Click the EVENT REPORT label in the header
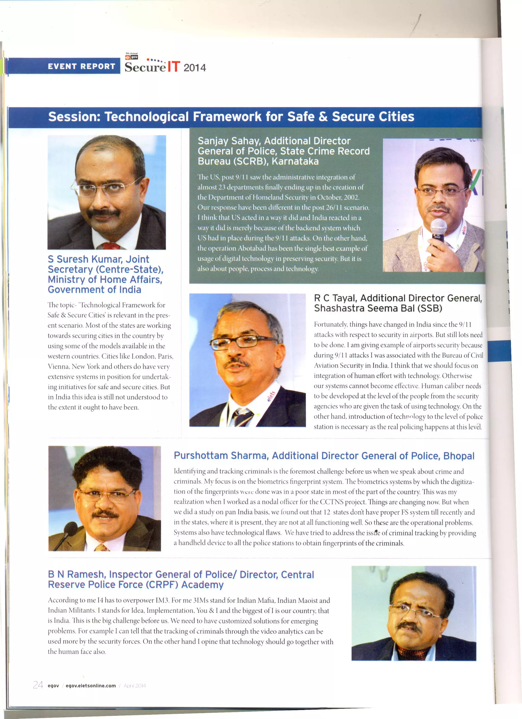tap(82, 66)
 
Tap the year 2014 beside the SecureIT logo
tap(194, 68)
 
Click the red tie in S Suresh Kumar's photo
tap(111, 245)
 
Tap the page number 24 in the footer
tap(38, 685)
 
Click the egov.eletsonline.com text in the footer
tap(91, 685)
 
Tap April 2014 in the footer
tap(135, 685)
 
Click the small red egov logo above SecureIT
tap(132, 57)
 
